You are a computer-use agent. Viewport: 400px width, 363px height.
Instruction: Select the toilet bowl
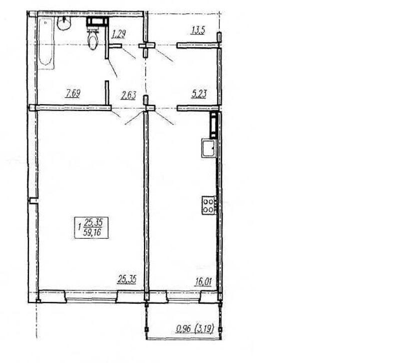(x=92, y=39)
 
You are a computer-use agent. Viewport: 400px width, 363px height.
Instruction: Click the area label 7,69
(x=73, y=94)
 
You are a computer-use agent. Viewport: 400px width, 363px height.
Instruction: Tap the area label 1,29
(x=118, y=34)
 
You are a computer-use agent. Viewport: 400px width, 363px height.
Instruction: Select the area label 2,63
(x=128, y=96)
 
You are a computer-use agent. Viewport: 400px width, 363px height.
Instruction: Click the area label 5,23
(x=198, y=94)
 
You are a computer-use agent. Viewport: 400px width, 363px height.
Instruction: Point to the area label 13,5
(x=198, y=30)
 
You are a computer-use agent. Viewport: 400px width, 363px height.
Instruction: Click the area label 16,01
(x=203, y=282)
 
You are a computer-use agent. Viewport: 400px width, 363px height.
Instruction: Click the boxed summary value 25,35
(x=93, y=222)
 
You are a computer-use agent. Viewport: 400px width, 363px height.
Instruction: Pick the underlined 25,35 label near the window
(x=127, y=279)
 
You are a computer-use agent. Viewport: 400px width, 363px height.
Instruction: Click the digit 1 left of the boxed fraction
(x=80, y=226)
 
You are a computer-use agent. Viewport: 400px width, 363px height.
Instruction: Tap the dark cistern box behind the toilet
(x=96, y=22)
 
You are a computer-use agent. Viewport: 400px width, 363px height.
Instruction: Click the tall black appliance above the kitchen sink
(x=213, y=126)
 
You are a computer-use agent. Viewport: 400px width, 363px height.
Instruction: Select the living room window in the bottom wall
(x=91, y=296)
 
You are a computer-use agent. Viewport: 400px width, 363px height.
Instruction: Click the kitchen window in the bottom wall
(x=183, y=296)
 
